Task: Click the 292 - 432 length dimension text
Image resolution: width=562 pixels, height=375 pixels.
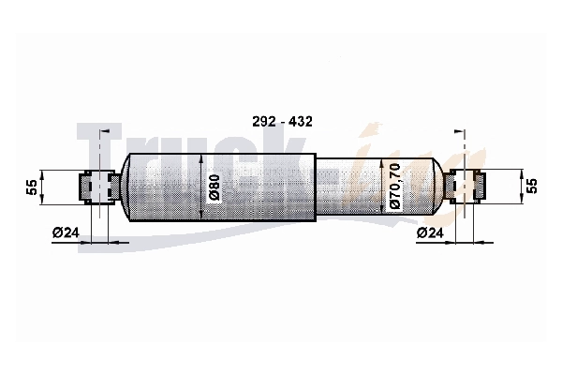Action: click(282, 122)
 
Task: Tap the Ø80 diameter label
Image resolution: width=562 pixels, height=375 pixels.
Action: click(214, 188)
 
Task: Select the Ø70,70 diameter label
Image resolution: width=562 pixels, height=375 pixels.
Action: click(394, 186)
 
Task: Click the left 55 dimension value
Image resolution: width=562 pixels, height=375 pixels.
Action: click(32, 187)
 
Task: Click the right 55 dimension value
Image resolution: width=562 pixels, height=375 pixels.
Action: click(533, 186)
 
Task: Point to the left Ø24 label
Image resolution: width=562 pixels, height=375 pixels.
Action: click(66, 232)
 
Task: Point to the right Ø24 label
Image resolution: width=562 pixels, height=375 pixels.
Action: click(430, 232)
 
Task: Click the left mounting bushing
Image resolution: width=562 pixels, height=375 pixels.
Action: click(100, 187)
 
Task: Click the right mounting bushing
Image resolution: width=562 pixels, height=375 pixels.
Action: click(465, 187)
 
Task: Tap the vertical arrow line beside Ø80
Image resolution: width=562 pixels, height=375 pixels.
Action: click(201, 187)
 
